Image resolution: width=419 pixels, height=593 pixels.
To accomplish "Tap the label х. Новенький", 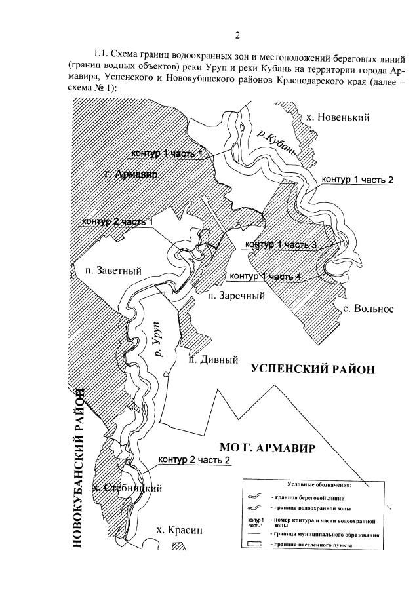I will (x=338, y=118).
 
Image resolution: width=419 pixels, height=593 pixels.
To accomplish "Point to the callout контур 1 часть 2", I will (x=357, y=181).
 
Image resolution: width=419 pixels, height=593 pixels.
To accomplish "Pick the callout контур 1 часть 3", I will (x=281, y=244).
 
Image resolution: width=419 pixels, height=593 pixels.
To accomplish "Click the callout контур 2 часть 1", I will (x=118, y=221).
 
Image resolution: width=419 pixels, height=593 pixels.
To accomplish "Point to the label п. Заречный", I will (x=236, y=296).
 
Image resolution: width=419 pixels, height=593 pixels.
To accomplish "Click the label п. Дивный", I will (x=212, y=360).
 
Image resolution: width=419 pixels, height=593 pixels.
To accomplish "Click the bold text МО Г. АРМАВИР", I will (x=268, y=449).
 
